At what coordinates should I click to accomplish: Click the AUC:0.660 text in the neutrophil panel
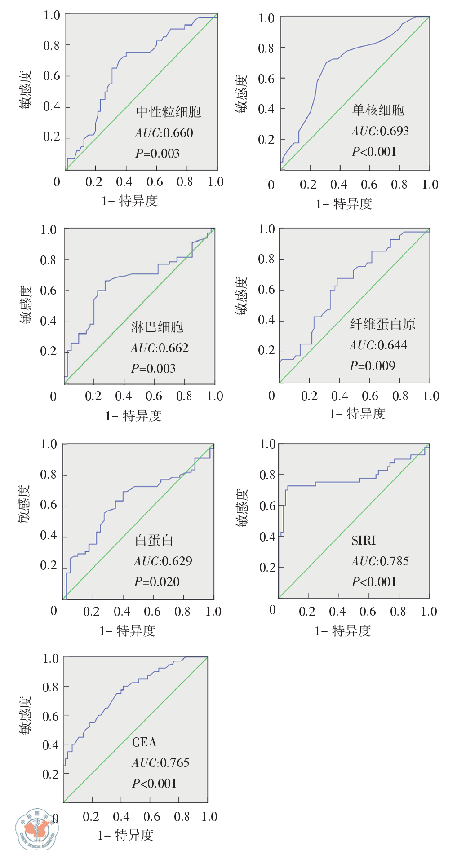164,133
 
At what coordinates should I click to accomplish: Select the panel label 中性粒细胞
169,112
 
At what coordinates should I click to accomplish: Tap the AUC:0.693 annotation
380,131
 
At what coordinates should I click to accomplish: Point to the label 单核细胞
378,110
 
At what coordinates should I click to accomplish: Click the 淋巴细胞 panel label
157,327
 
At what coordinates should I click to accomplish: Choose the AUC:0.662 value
160,348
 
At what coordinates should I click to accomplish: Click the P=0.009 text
373,366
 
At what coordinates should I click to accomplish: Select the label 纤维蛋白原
382,324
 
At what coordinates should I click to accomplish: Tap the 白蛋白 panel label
154,540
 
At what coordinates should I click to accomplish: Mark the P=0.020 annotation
157,582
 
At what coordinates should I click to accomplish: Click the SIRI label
364,540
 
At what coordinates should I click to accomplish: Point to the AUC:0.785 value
380,561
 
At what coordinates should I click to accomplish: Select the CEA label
144,742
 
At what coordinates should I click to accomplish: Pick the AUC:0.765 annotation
160,763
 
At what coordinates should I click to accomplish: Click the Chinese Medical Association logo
36,830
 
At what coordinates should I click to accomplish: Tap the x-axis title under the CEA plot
126,835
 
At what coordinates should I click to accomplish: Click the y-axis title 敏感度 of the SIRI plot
242,507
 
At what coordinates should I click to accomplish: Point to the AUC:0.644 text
378,345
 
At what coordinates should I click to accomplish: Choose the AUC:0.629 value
163,561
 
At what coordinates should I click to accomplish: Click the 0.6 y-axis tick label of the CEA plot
50,716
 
